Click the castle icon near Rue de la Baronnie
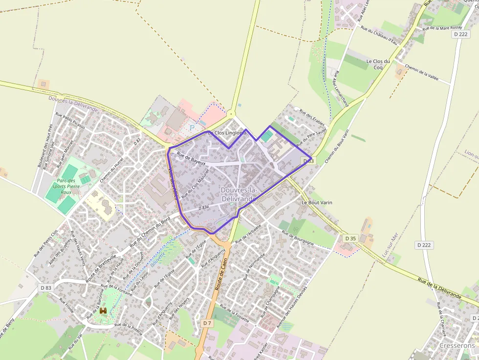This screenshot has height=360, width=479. [103, 310]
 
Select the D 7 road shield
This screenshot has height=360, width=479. [207, 323]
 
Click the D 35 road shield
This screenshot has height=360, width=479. [350, 238]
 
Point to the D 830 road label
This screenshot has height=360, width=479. [203, 208]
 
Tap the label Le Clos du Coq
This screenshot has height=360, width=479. [378, 64]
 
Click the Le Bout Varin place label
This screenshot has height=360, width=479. [317, 202]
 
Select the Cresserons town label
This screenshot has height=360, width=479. [457, 345]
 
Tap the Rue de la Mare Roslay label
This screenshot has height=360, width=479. [442, 28]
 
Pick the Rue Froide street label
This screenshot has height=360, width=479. [67, 305]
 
